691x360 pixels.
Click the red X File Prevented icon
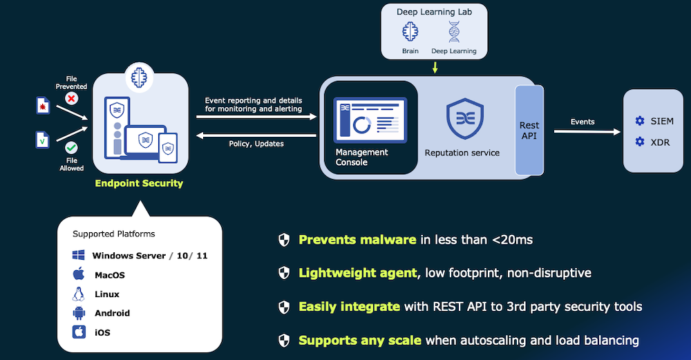(71, 99)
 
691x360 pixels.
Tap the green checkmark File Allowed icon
(71, 148)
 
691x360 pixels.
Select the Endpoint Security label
(139, 183)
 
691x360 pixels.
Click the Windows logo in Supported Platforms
(79, 256)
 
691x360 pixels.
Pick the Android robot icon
(79, 313)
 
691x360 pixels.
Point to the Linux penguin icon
(79, 294)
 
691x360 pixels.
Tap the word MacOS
(110, 275)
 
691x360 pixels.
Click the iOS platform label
(102, 332)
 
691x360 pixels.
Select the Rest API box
(529, 130)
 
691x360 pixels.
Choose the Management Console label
(361, 157)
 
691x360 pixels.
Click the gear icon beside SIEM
(639, 122)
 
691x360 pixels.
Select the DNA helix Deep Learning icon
(454, 32)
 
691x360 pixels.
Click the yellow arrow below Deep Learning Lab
(435, 67)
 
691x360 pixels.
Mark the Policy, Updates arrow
(256, 135)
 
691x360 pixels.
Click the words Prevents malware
(357, 240)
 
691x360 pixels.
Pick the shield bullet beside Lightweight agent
(283, 273)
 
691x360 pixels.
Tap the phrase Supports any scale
(360, 340)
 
